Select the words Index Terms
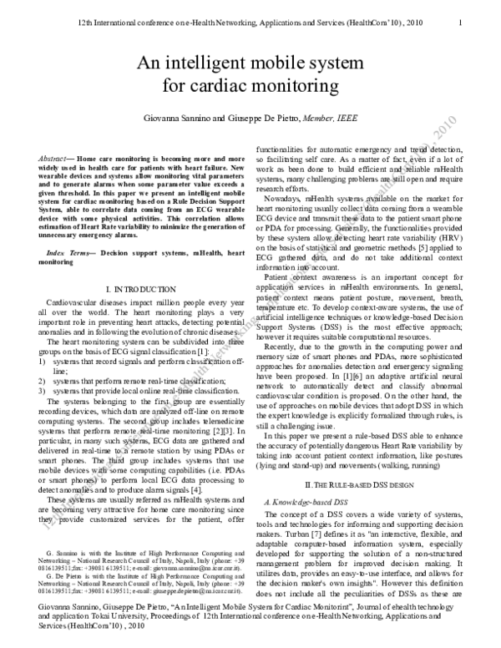70,251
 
